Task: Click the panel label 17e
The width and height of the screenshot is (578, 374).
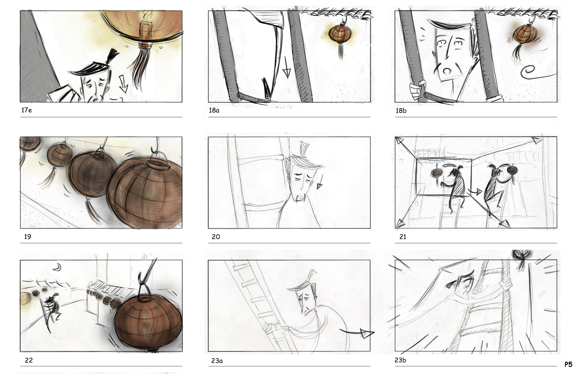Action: [x=27, y=110]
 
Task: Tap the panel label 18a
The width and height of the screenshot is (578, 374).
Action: [x=214, y=110]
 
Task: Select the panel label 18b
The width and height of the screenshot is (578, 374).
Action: [x=401, y=111]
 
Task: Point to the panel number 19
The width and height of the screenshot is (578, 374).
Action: [x=28, y=237]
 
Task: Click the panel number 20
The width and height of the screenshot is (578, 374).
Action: [x=216, y=237]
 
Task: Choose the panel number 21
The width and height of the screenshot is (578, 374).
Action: [x=403, y=237]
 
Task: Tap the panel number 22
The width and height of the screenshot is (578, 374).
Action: [x=29, y=360]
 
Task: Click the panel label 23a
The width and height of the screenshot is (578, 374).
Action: [x=217, y=360]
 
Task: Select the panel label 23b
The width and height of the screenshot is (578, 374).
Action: [x=400, y=360]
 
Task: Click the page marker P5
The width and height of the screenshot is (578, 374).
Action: [x=568, y=364]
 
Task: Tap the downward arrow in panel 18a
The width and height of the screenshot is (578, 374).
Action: [x=286, y=67]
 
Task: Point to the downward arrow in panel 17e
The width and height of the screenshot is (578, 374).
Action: [x=123, y=84]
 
